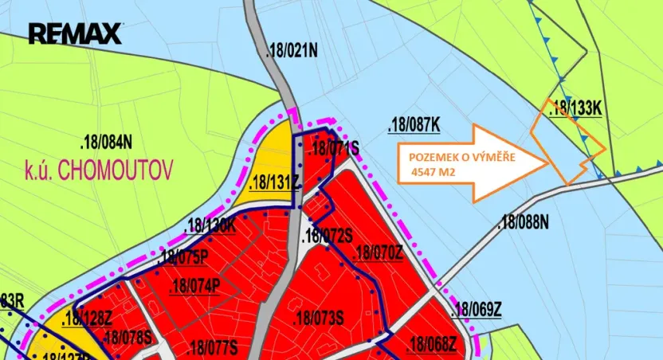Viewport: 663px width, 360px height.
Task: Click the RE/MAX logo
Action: point(76,33)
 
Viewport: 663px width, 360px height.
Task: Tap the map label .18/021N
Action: point(292,52)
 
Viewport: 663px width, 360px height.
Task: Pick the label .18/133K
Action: point(575,109)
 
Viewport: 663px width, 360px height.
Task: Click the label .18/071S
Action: point(334,148)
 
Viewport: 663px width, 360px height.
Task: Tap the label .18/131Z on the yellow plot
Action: point(273,183)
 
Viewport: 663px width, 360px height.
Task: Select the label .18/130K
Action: point(210,225)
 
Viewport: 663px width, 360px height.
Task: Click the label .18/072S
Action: point(328,236)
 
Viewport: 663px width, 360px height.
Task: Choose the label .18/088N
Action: point(523,223)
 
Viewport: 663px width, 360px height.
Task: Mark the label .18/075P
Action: point(183,257)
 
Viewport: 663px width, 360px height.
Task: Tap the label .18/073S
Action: point(318,319)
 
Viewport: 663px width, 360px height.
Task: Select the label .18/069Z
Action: point(476,310)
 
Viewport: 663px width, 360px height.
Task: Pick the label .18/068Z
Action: point(431,345)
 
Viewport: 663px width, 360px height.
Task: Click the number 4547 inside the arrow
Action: point(426,171)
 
